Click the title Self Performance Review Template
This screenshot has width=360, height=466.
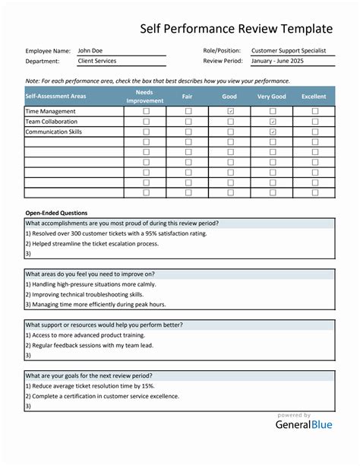[236, 29]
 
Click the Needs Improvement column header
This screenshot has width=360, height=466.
[145, 97]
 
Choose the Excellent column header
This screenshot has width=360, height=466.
[314, 97]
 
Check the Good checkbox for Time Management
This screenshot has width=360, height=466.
[230, 111]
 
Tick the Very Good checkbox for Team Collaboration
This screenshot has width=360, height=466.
[273, 122]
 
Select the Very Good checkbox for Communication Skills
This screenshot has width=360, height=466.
[273, 132]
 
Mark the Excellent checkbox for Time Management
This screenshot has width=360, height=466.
[314, 111]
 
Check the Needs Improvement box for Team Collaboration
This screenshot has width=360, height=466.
[146, 122]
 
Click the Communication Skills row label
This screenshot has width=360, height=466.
[54, 132]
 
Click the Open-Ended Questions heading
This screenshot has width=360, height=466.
[56, 213]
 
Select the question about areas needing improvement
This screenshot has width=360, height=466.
[90, 274]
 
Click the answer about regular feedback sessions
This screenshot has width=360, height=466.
[90, 344]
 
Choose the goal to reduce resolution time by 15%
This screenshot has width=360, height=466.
[94, 385]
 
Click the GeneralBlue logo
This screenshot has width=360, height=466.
[303, 426]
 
